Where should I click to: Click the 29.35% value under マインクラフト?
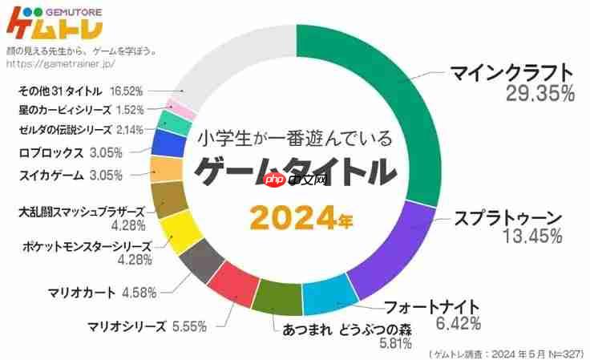pos(539,93)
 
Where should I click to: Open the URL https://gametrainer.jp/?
pos(61,62)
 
